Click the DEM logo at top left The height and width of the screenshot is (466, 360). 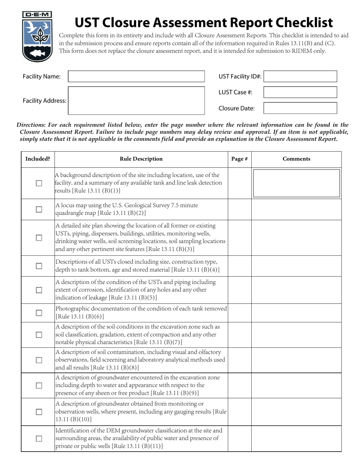pos(37,37)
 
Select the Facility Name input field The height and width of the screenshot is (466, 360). pos(136,77)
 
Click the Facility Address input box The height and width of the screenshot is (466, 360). pos(136,100)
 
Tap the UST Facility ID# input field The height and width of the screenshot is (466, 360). pos(300,77)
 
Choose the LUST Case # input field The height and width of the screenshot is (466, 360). pos(300,92)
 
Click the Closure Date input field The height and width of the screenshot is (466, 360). pos(300,108)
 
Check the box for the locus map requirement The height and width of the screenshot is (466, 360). pos(39,210)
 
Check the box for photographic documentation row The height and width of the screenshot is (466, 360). pos(39,313)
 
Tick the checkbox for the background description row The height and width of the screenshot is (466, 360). pos(39,183)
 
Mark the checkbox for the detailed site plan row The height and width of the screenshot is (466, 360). pos(39,238)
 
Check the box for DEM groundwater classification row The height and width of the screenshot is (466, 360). pos(39,438)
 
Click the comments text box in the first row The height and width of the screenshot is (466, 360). pos(296,183)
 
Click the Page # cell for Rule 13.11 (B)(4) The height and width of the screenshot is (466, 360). pos(239,266)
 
